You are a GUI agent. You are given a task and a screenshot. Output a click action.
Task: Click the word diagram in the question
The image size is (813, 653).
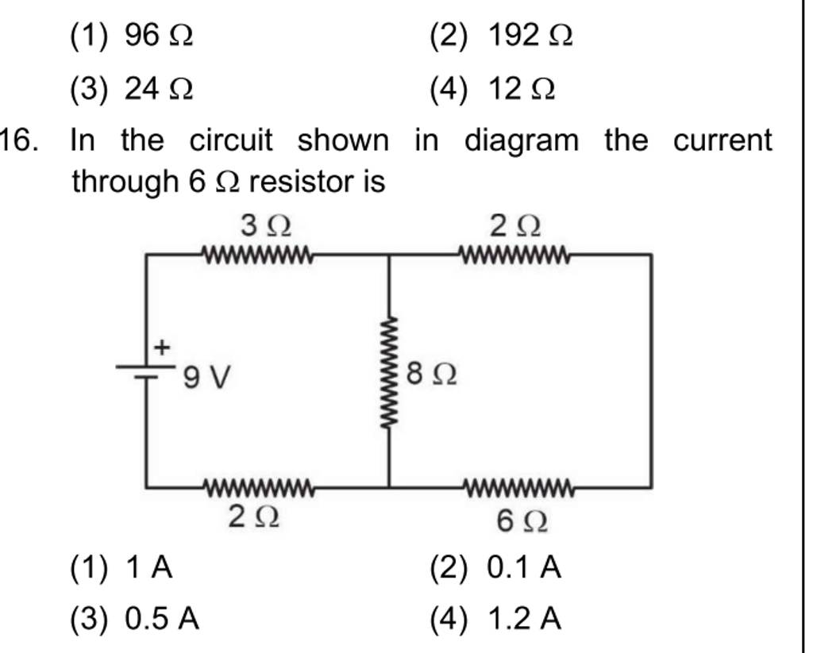click(522, 142)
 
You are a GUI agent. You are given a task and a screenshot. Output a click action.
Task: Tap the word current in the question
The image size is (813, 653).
click(722, 141)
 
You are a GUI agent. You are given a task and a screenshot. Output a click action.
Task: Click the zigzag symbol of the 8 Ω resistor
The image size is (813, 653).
click(388, 372)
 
